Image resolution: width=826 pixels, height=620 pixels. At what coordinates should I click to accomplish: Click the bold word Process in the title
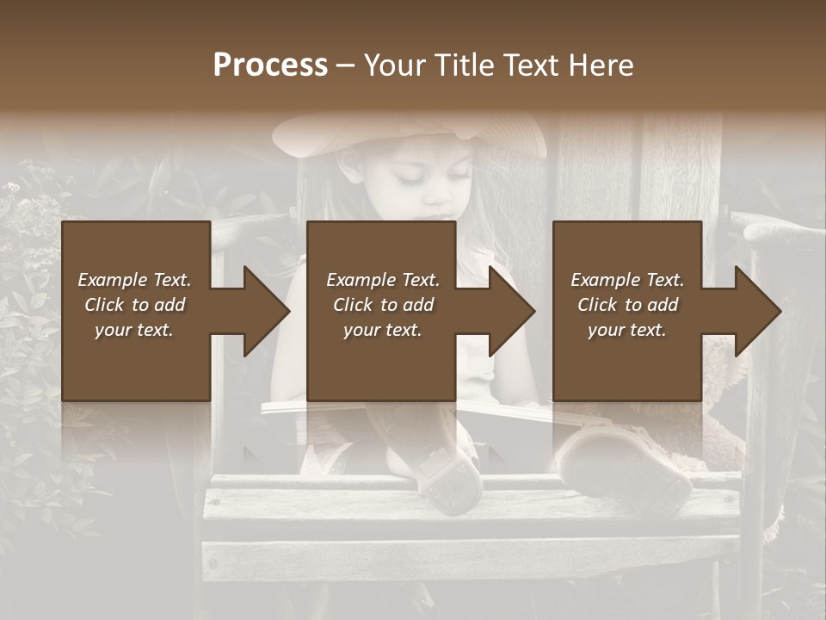click(270, 65)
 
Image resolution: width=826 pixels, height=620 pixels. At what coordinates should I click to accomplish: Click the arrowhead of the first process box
click(266, 311)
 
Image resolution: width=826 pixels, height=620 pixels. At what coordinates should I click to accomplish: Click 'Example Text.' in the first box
click(134, 280)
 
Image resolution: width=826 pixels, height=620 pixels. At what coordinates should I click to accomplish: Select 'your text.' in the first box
click(134, 330)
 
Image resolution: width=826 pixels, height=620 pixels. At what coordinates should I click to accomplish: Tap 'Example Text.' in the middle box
click(382, 280)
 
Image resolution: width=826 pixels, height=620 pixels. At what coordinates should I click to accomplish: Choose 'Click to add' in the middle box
click(382, 305)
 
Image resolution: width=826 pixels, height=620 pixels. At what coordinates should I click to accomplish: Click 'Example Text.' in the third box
click(627, 280)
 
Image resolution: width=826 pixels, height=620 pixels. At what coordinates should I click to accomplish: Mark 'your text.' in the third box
click(627, 330)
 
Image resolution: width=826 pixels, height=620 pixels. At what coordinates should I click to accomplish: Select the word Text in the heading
click(532, 65)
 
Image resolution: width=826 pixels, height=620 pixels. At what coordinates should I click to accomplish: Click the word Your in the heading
click(392, 65)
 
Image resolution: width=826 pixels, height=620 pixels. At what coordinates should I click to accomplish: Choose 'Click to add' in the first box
click(134, 305)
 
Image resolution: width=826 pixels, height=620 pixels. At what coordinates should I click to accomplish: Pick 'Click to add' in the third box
click(627, 305)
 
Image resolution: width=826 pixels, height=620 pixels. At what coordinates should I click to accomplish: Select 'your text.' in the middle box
click(382, 330)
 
